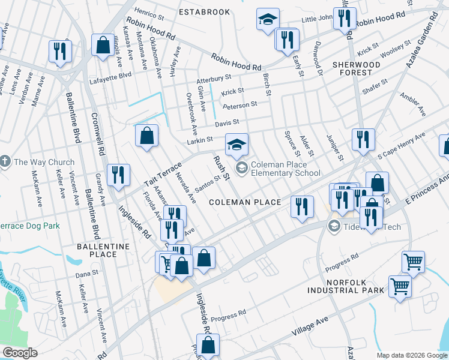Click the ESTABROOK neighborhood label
point(205,11)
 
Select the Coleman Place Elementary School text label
point(286,169)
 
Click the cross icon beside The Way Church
point(5,162)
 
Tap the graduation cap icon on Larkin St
point(237,145)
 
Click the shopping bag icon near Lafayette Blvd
point(102,45)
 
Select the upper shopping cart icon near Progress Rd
point(412,262)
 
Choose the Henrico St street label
point(149,12)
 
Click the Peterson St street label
point(240,105)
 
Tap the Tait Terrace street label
point(161,175)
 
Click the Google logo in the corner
point(20,353)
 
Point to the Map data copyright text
point(412,355)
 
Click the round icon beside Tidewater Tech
point(334,226)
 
